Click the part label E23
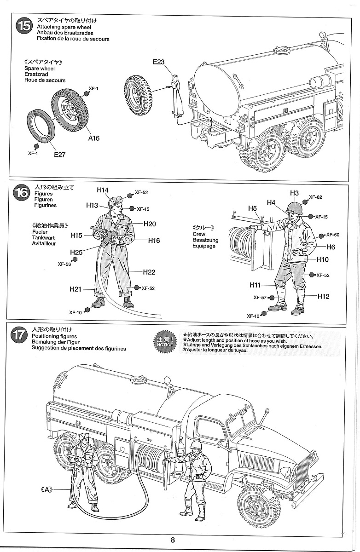159,62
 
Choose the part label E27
59,155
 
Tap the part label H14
103,190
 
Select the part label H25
76,252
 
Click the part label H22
149,272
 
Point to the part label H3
295,193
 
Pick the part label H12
323,296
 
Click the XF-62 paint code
315,197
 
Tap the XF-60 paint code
332,235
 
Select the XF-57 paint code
260,297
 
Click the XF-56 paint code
64,264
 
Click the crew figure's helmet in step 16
292,207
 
